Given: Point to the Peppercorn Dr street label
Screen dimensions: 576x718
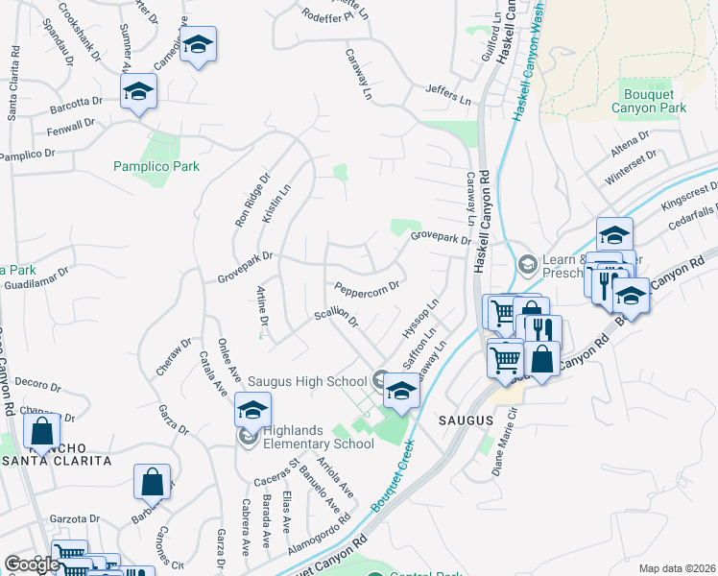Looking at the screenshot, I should tap(366, 287).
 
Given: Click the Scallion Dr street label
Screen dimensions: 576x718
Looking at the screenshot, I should tap(335, 317).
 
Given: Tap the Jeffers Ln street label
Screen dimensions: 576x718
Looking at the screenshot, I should tap(450, 95).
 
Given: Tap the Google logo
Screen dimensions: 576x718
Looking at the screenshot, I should tap(32, 564).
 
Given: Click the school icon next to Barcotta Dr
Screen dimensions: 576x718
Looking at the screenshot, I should tap(138, 91).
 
